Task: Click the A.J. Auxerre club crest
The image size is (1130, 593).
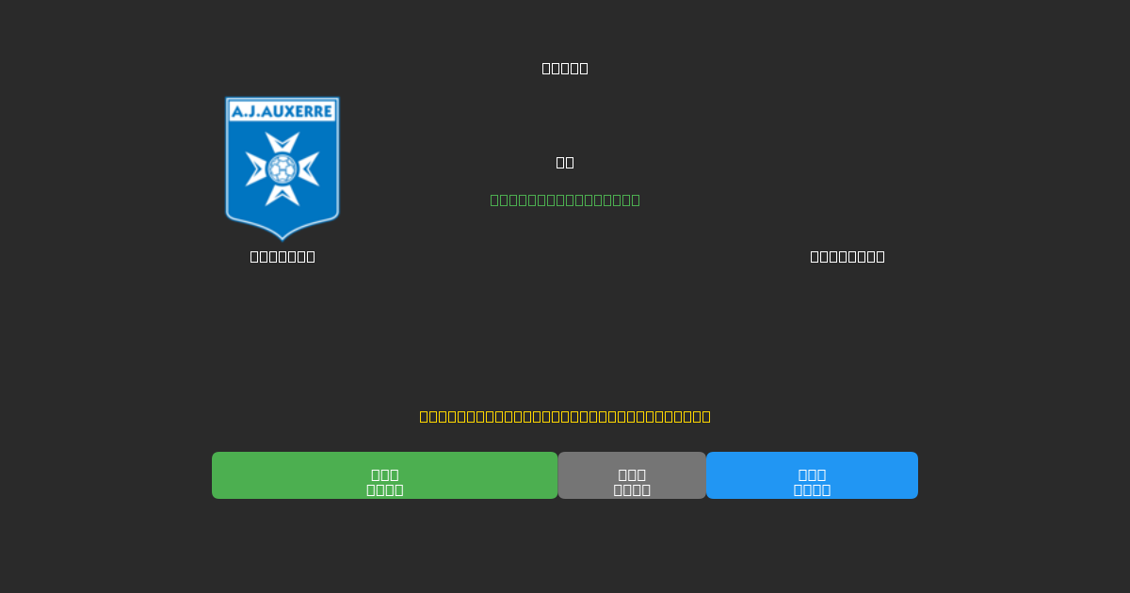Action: tap(282, 168)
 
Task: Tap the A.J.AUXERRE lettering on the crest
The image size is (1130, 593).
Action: tap(282, 111)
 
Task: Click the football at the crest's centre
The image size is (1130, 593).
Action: tap(282, 169)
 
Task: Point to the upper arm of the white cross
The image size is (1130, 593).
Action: tap(282, 144)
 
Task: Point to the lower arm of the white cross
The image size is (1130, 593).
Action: tap(282, 195)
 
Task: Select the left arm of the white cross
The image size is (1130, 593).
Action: tap(256, 169)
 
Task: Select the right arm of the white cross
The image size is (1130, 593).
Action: tap(309, 169)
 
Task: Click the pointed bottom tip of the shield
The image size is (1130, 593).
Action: tap(282, 237)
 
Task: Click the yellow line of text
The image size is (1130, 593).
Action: tap(565, 416)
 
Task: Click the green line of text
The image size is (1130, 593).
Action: tap(565, 200)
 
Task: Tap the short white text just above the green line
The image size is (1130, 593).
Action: tap(565, 162)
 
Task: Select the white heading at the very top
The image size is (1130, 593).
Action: tap(565, 68)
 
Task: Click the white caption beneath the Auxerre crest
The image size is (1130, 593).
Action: tap(282, 256)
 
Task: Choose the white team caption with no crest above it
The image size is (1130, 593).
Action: tap(847, 256)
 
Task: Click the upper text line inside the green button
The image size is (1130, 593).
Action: tap(384, 474)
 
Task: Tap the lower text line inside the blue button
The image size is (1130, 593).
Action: tap(812, 489)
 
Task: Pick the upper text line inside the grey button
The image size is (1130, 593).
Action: tap(632, 474)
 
